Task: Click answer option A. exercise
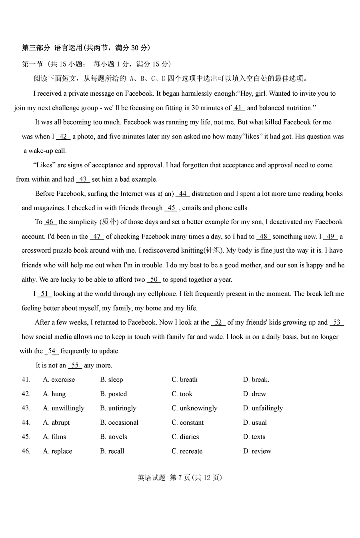pyautogui.click(x=59, y=379)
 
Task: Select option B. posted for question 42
pyautogui.click(x=113, y=394)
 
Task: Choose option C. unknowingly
pyautogui.click(x=194, y=408)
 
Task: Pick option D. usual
pyautogui.click(x=255, y=422)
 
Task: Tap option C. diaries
pyautogui.click(x=185, y=437)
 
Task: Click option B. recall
pyautogui.click(x=112, y=451)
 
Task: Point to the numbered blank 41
pyautogui.click(x=239, y=108)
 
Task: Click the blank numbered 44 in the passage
pyautogui.click(x=182, y=194)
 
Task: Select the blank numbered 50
pyautogui.click(x=154, y=280)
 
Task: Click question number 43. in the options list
pyautogui.click(x=26, y=408)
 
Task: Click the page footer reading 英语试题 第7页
pyautogui.click(x=180, y=478)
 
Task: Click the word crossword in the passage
pyautogui.click(x=37, y=251)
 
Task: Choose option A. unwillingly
pyautogui.click(x=64, y=408)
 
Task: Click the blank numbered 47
pyautogui.click(x=97, y=237)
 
